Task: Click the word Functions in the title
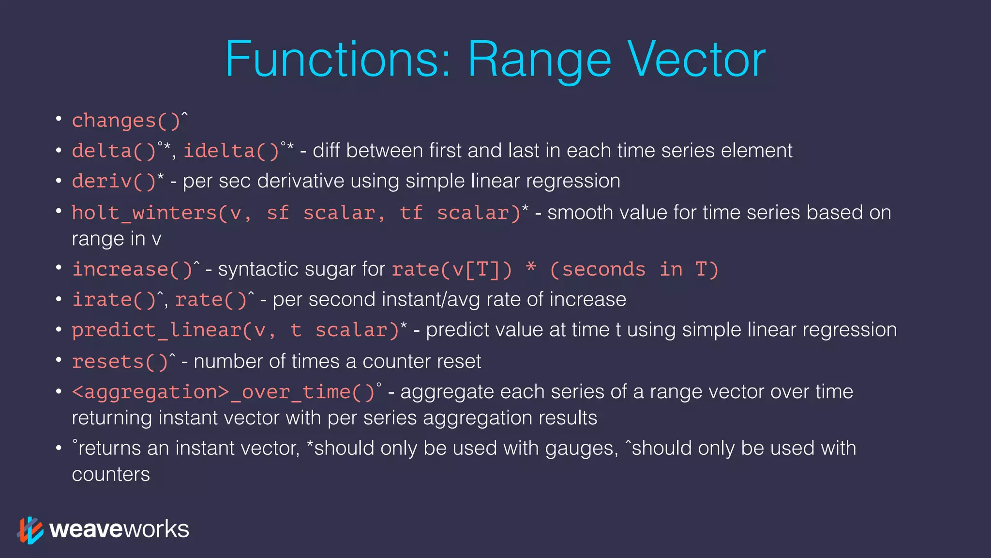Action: click(337, 60)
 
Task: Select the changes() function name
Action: click(126, 121)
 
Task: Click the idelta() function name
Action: click(231, 151)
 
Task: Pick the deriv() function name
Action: click(114, 181)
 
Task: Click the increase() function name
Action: click(133, 270)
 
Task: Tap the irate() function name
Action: click(114, 300)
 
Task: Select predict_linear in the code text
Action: click(156, 330)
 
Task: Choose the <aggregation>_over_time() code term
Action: click(224, 392)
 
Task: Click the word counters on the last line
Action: click(111, 475)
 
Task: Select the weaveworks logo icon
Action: click(30, 530)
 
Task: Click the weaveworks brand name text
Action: click(119, 529)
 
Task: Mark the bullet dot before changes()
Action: click(59, 119)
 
